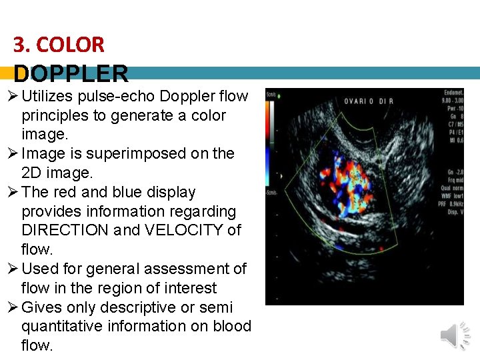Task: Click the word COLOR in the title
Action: (70, 45)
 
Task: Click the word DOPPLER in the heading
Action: (71, 74)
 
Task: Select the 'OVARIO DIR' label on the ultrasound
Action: (369, 101)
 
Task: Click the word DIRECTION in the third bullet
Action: (65, 231)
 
